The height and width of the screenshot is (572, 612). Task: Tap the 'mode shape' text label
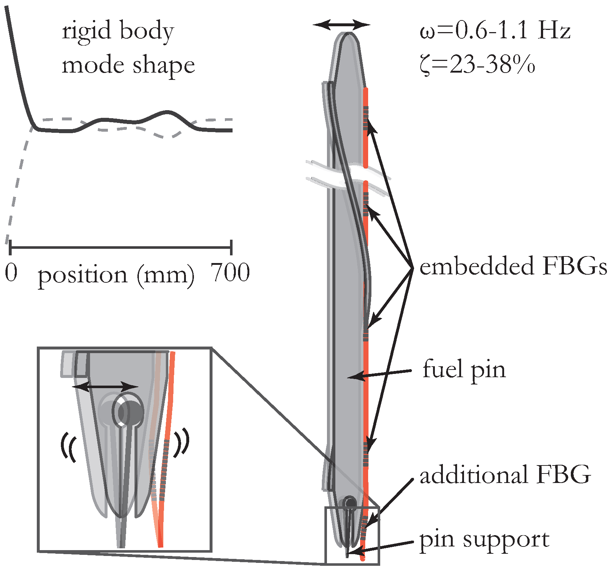tap(128, 66)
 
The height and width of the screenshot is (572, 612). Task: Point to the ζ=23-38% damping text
tap(478, 65)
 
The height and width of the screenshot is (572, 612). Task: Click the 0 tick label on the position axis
tap(11, 273)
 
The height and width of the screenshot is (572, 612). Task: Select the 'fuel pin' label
tap(464, 369)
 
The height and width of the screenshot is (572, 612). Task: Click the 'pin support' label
tap(484, 539)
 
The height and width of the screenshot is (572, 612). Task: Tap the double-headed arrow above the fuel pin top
tap(342, 25)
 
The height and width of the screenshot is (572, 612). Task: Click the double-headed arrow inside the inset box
tap(105, 386)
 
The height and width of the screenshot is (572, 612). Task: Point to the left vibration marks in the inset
tap(69, 447)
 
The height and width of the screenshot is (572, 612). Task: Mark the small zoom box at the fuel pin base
tap(352, 535)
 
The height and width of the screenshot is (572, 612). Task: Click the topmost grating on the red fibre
tap(366, 118)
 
